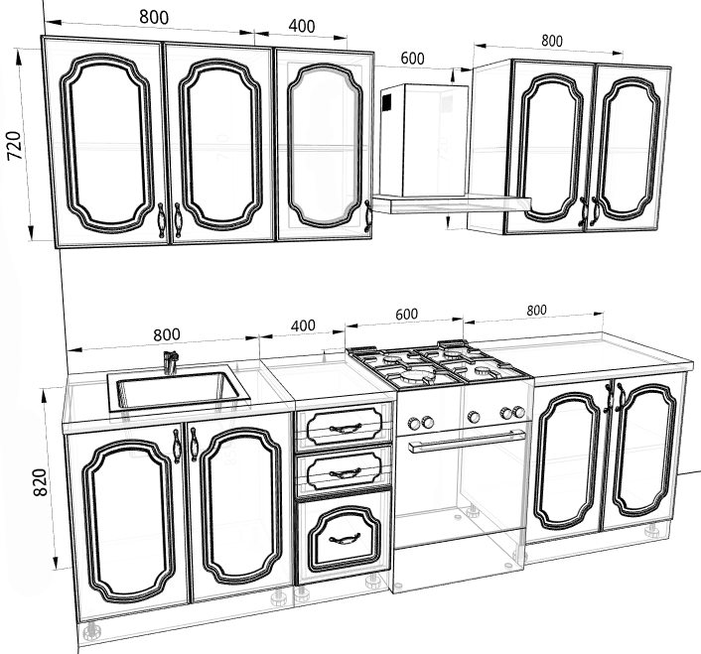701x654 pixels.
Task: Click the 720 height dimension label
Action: click(14, 145)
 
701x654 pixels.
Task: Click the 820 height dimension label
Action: click(40, 482)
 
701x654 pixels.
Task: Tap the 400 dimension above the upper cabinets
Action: click(302, 27)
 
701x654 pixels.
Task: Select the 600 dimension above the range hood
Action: click(412, 59)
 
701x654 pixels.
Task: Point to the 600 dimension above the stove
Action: click(407, 314)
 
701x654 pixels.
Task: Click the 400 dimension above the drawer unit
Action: click(303, 326)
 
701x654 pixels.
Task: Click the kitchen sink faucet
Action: click(171, 362)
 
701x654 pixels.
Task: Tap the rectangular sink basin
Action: click(179, 390)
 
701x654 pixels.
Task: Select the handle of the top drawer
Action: click(345, 429)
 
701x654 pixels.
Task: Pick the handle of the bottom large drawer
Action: click(345, 540)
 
